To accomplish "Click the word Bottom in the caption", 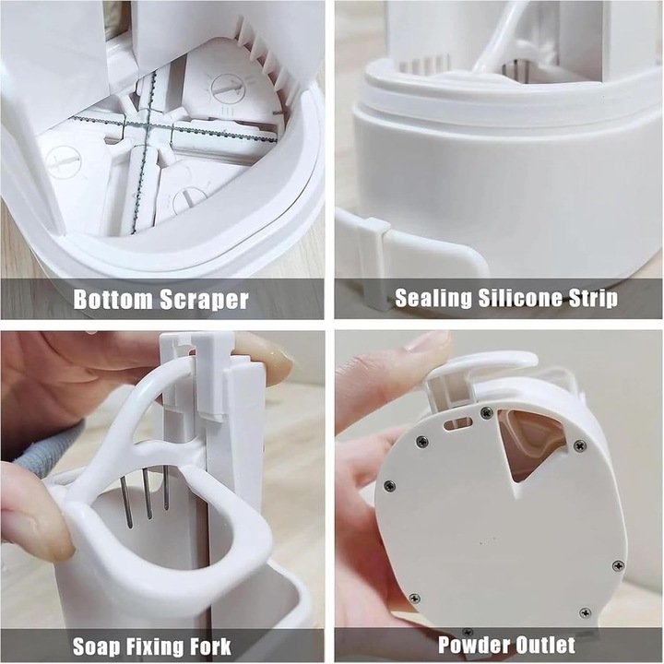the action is tap(113, 299).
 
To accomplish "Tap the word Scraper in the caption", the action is tap(204, 300).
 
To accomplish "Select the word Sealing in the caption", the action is tap(433, 298).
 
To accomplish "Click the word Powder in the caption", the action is tap(469, 645).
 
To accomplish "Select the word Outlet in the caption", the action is tap(541, 645).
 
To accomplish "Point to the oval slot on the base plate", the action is tap(457, 423).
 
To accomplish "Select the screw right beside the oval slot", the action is tap(486, 411).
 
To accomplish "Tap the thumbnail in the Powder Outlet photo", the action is tap(426, 341).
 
